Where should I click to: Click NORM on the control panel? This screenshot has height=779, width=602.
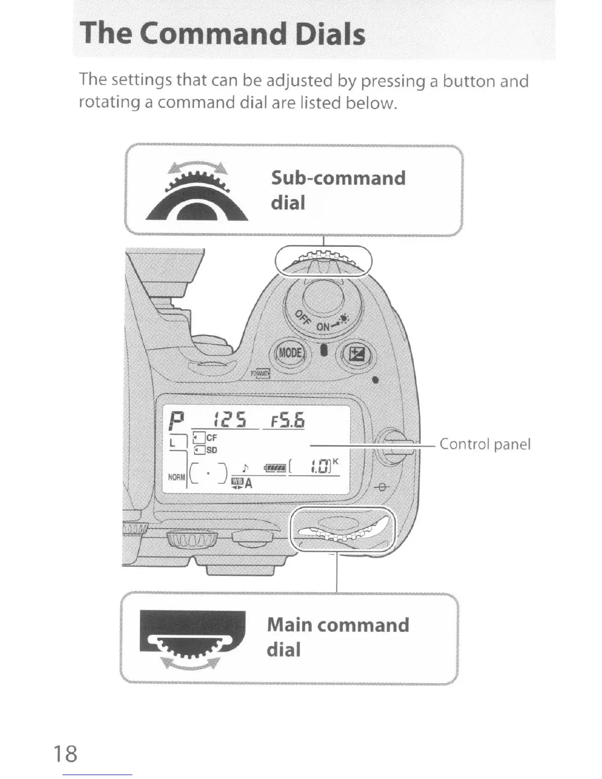(x=176, y=477)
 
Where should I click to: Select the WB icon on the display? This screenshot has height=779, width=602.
(x=237, y=481)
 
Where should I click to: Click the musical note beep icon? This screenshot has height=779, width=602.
(x=244, y=466)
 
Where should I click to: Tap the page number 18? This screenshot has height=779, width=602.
(x=65, y=753)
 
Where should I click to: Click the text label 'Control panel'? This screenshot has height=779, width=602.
(x=484, y=444)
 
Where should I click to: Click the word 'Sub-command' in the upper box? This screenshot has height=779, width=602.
(x=338, y=178)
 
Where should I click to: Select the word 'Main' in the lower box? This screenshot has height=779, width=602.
(x=289, y=625)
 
